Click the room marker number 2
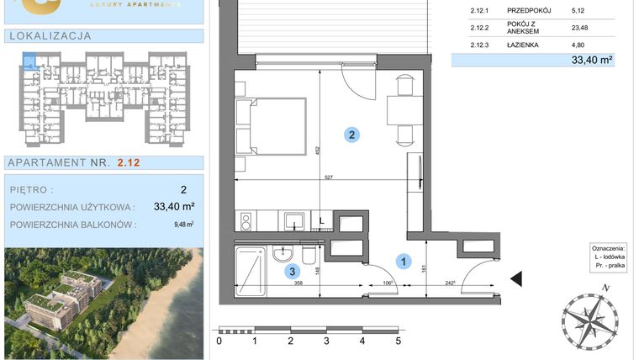(354, 133)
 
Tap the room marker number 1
(404, 262)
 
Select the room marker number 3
(292, 271)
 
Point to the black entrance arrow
(516, 278)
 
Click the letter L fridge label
(322, 220)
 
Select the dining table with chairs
(399, 110)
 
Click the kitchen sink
(293, 220)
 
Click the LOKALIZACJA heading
(48, 36)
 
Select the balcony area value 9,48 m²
(183, 224)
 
